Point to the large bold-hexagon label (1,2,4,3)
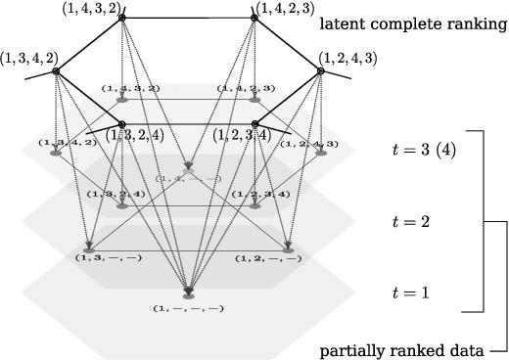(353, 59)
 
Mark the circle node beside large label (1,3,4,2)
(58, 71)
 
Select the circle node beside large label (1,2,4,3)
(319, 71)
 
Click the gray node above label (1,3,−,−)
(89, 249)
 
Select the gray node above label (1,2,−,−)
(287, 249)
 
